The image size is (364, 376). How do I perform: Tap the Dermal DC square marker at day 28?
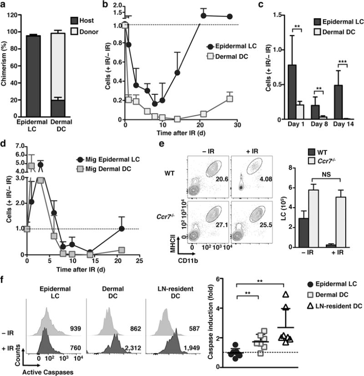pos(230,99)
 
